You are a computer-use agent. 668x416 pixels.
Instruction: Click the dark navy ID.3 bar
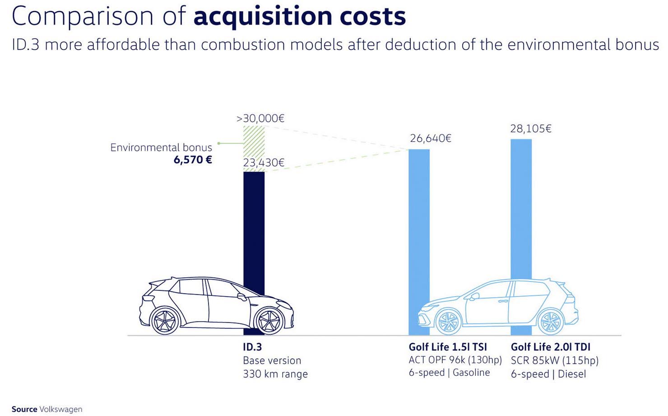coord(254,226)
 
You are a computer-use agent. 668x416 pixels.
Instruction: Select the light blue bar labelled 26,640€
coord(419,226)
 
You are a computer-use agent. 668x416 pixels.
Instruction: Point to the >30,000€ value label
coord(260,118)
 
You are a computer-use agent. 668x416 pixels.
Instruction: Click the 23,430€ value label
coord(264,163)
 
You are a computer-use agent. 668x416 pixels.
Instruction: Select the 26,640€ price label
coord(430,138)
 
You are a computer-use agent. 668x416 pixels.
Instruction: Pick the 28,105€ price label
coord(531,129)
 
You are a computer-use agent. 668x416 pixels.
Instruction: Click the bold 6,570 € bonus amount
coord(193,160)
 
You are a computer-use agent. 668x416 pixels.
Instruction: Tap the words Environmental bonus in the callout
coord(161,148)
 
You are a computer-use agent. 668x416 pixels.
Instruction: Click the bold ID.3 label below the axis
coord(252,347)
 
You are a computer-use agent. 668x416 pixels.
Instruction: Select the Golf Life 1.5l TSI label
coord(448,347)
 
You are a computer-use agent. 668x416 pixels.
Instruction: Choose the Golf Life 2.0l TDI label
coord(550,347)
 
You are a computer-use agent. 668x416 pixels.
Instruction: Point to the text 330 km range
coord(275,374)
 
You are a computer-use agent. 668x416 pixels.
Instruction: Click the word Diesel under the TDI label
coord(572,374)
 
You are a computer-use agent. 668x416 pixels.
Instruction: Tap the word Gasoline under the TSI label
coord(471,373)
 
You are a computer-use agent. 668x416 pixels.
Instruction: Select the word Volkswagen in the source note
coord(61,409)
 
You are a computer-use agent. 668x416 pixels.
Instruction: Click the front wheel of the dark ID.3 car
coord(269,320)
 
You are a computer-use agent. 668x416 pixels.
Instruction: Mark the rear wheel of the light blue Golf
coord(550,322)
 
